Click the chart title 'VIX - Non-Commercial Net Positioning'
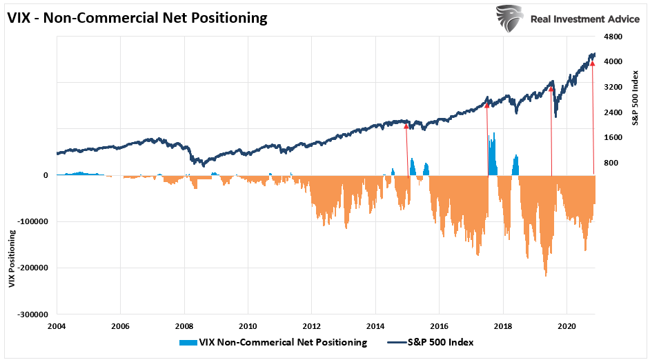(x=137, y=18)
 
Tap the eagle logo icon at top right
(x=509, y=19)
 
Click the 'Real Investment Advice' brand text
(x=584, y=19)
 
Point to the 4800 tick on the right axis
(x=614, y=37)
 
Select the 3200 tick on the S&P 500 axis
(x=614, y=88)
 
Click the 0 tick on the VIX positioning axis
(x=46, y=175)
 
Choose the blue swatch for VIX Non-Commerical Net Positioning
(x=187, y=342)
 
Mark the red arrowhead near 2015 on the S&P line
(x=406, y=126)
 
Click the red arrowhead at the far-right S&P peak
(x=592, y=63)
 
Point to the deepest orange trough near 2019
(x=546, y=274)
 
